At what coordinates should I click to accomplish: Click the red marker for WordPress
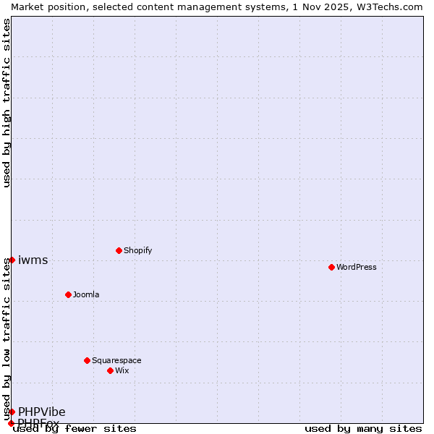click(x=331, y=267)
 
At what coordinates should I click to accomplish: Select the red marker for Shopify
click(x=119, y=250)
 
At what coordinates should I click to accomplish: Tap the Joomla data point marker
click(x=68, y=294)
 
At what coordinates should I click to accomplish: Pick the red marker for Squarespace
click(x=87, y=360)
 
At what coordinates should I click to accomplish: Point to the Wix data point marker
click(x=110, y=370)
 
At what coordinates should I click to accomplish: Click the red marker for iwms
click(x=12, y=260)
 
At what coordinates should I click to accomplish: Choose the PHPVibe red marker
click(x=12, y=412)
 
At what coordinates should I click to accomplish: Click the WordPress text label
click(x=357, y=267)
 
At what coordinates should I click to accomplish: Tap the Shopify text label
click(x=137, y=250)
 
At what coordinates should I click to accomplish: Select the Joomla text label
click(x=86, y=294)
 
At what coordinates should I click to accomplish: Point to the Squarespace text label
click(x=116, y=360)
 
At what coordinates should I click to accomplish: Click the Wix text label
click(x=122, y=370)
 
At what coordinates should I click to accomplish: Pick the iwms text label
click(x=33, y=260)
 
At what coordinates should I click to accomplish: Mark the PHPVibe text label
click(x=42, y=412)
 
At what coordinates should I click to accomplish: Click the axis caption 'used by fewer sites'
click(x=75, y=428)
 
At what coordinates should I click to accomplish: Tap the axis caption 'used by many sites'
click(x=363, y=428)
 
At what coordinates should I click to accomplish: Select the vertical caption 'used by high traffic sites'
click(x=7, y=103)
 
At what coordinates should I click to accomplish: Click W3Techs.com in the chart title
click(x=388, y=7)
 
